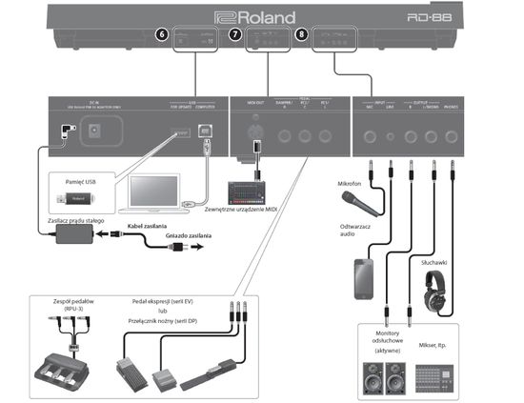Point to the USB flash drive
[x=79, y=198]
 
